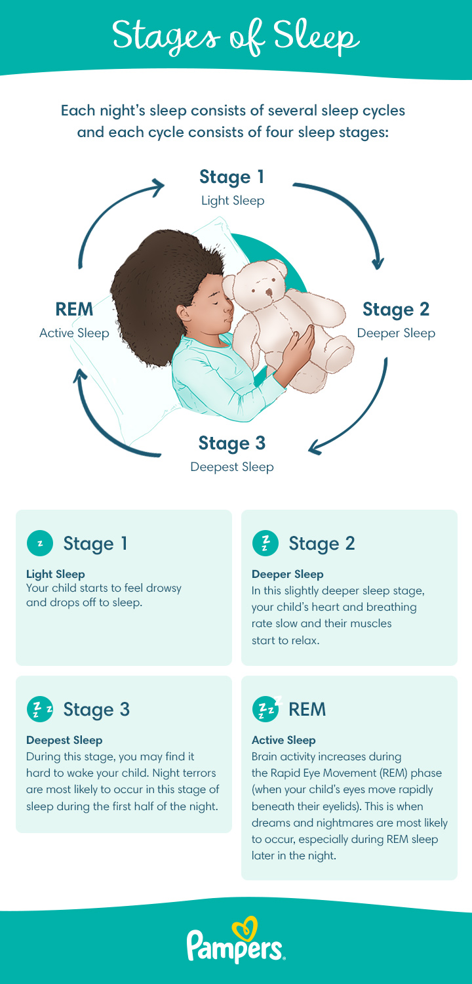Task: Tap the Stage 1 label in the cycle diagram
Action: (233, 177)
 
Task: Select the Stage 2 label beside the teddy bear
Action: (396, 308)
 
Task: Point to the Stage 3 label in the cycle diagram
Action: (232, 443)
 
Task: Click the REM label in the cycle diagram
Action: (74, 309)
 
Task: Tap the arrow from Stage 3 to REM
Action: (105, 426)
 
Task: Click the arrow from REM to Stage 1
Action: (105, 210)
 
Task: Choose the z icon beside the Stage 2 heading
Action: (265, 543)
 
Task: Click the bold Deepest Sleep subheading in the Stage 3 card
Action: (64, 740)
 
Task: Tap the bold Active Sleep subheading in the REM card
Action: (283, 740)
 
